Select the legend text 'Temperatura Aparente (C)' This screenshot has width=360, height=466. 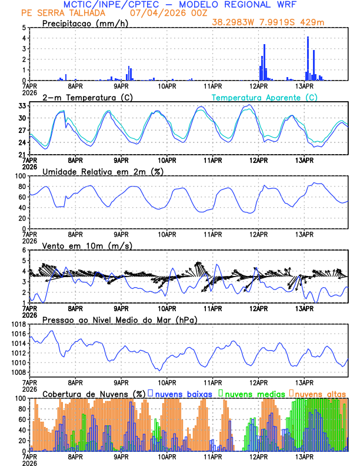click(264, 98)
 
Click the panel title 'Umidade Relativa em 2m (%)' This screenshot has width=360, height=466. click(103, 171)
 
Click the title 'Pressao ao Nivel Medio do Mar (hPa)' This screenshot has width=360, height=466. click(120, 319)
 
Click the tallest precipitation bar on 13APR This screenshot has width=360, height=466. click(308, 58)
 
